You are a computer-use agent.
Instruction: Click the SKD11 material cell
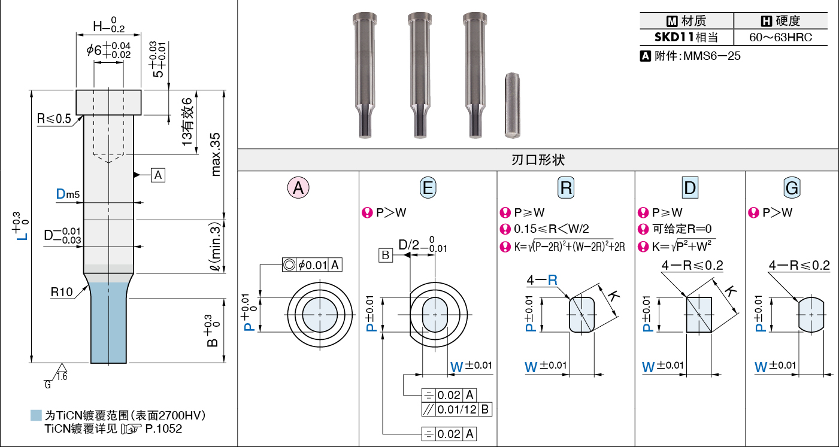[x=686, y=37]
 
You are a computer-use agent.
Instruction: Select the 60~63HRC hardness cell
[x=780, y=37]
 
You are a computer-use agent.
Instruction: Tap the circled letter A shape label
[x=298, y=187]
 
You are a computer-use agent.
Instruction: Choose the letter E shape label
[x=428, y=187]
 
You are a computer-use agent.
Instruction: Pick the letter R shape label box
[x=566, y=187]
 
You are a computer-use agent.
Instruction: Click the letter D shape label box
[x=690, y=187]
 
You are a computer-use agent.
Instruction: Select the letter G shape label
[x=792, y=187]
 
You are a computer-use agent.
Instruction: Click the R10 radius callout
[x=62, y=292]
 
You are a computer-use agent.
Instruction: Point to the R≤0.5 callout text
[x=54, y=118]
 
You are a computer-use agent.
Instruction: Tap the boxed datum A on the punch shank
[x=158, y=175]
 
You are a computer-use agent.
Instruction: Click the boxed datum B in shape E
[x=386, y=256]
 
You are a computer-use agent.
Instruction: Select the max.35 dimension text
[x=216, y=154]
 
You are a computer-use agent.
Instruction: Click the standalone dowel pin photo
[x=512, y=105]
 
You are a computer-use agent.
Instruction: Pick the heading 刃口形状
[x=538, y=160]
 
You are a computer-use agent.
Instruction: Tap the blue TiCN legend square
[x=36, y=415]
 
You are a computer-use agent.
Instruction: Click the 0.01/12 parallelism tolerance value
[x=457, y=409]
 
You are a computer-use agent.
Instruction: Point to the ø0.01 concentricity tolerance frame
[x=312, y=264]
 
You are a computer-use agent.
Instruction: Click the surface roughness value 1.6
[x=62, y=376]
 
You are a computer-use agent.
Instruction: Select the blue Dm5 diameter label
[x=68, y=194]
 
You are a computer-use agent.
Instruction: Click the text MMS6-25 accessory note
[x=711, y=56]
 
